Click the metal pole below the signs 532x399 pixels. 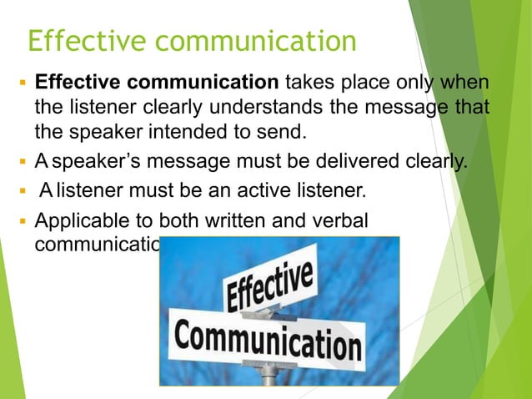click(269, 376)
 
